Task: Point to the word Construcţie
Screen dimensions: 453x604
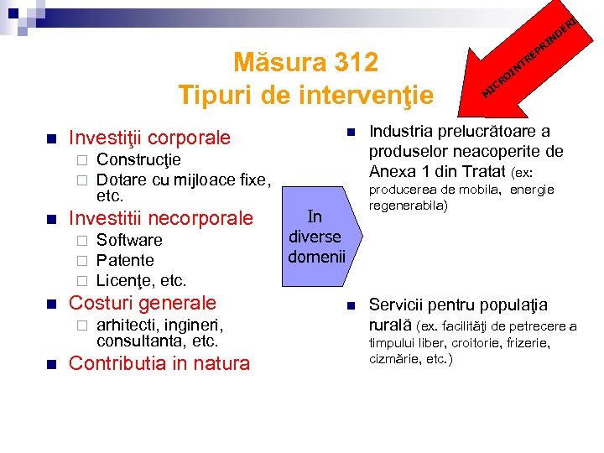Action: [x=138, y=159]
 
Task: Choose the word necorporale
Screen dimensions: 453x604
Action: [x=201, y=218]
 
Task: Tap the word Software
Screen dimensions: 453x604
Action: [x=129, y=240]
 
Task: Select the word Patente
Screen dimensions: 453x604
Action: [x=125, y=260]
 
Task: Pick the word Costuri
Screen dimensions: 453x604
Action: [x=98, y=303]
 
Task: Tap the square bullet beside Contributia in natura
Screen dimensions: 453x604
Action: [x=50, y=364]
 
